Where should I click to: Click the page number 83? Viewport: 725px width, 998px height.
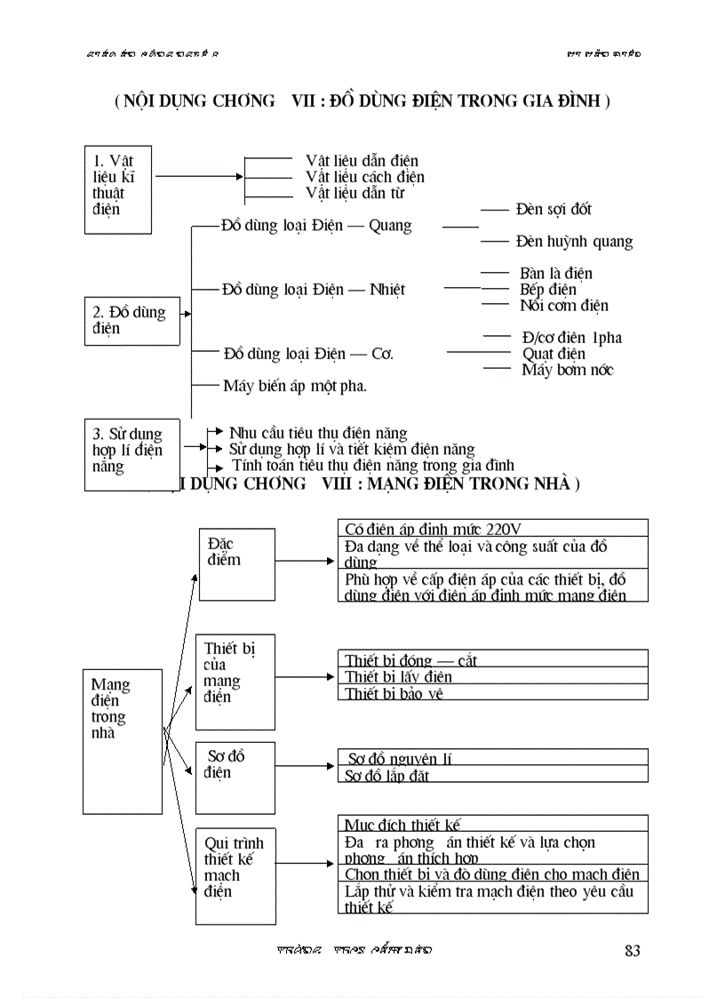632,951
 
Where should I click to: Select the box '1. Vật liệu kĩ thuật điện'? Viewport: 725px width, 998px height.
117,189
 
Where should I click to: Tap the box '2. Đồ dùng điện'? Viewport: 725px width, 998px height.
131,321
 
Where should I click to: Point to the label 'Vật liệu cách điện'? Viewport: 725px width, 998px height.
364,177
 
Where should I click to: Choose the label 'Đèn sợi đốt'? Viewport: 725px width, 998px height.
553,210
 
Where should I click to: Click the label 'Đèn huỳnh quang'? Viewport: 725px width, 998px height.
573,242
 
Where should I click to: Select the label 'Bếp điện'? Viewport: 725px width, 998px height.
547,290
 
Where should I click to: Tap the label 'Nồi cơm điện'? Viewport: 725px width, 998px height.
563,306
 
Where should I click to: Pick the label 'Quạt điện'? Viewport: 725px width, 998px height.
553,354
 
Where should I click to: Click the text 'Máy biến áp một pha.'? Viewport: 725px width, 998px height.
294,386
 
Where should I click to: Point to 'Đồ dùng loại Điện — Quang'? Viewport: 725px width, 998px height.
316,226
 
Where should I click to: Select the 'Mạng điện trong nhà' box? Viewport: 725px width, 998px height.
123,741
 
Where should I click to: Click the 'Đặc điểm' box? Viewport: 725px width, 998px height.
235,563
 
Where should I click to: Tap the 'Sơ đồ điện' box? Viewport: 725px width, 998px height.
235,778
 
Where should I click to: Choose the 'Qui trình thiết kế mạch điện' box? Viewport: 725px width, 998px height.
235,874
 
